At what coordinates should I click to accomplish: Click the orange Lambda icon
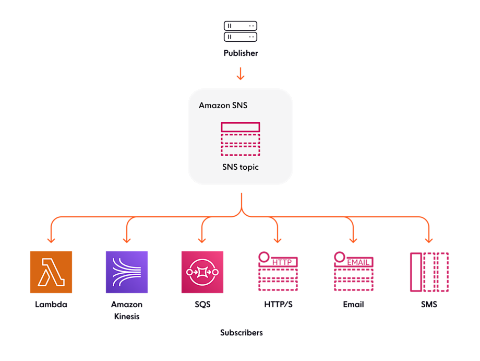pos(51,272)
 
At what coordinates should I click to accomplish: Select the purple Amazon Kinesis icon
pos(127,272)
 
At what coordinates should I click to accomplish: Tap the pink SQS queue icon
pos(202,272)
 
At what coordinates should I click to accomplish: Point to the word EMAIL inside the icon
pos(360,262)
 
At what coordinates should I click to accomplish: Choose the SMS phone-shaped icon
pos(429,272)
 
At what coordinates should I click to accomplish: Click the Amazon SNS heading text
pos(223,106)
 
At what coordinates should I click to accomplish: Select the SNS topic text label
pos(240,168)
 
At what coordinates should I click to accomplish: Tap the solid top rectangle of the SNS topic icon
pos(240,127)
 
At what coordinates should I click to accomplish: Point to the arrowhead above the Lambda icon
pos(51,240)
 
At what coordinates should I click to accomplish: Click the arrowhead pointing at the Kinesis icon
pos(127,240)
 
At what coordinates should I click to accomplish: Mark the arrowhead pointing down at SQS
pos(202,240)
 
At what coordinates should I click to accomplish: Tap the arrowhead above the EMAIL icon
pos(353,240)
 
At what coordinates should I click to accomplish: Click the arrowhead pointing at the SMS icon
pos(429,240)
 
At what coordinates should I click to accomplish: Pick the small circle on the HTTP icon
pos(264,257)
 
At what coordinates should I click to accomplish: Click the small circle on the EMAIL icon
pos(340,257)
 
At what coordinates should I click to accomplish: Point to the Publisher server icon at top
pos(240,31)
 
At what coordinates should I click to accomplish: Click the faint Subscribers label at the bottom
pos(241,333)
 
